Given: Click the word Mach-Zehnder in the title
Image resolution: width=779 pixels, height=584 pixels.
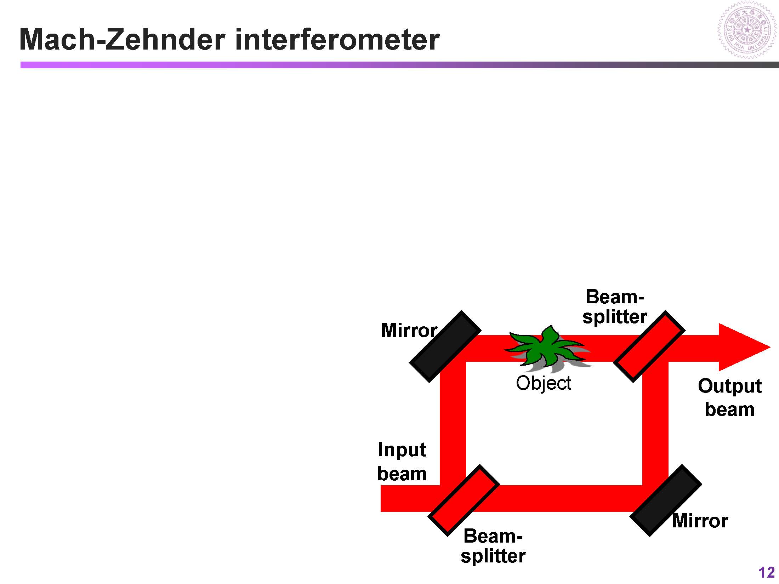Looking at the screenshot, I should [x=122, y=40].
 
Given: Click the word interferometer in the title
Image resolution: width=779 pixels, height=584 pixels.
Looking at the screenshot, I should [x=337, y=40].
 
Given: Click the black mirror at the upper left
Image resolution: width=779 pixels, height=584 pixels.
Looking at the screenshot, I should [x=445, y=347].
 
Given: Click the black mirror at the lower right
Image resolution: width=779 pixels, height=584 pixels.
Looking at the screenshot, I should [x=666, y=500].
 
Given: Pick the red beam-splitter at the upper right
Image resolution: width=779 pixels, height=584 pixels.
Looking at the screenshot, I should [x=649, y=347].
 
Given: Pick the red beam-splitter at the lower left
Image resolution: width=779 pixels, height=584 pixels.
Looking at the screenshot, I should [x=464, y=500].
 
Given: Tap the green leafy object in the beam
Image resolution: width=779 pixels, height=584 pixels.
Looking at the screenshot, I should [x=544, y=349].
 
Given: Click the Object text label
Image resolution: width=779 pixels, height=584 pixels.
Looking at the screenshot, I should [x=543, y=383].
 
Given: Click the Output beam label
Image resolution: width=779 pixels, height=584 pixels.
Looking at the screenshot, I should [x=729, y=397].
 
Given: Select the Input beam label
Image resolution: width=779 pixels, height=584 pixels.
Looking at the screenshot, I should [x=402, y=462].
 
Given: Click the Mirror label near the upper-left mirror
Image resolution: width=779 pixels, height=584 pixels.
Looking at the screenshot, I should [x=409, y=330].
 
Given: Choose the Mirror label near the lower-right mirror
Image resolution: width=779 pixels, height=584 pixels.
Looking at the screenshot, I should [x=700, y=521].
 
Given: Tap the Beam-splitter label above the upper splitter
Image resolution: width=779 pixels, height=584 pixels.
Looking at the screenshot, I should [x=615, y=307].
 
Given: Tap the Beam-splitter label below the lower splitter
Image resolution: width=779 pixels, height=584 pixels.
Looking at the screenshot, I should [x=493, y=546].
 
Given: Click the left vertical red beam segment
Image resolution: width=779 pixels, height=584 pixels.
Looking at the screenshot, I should [x=453, y=421].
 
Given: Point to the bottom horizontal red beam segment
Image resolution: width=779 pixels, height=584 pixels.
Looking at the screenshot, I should [x=567, y=498].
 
